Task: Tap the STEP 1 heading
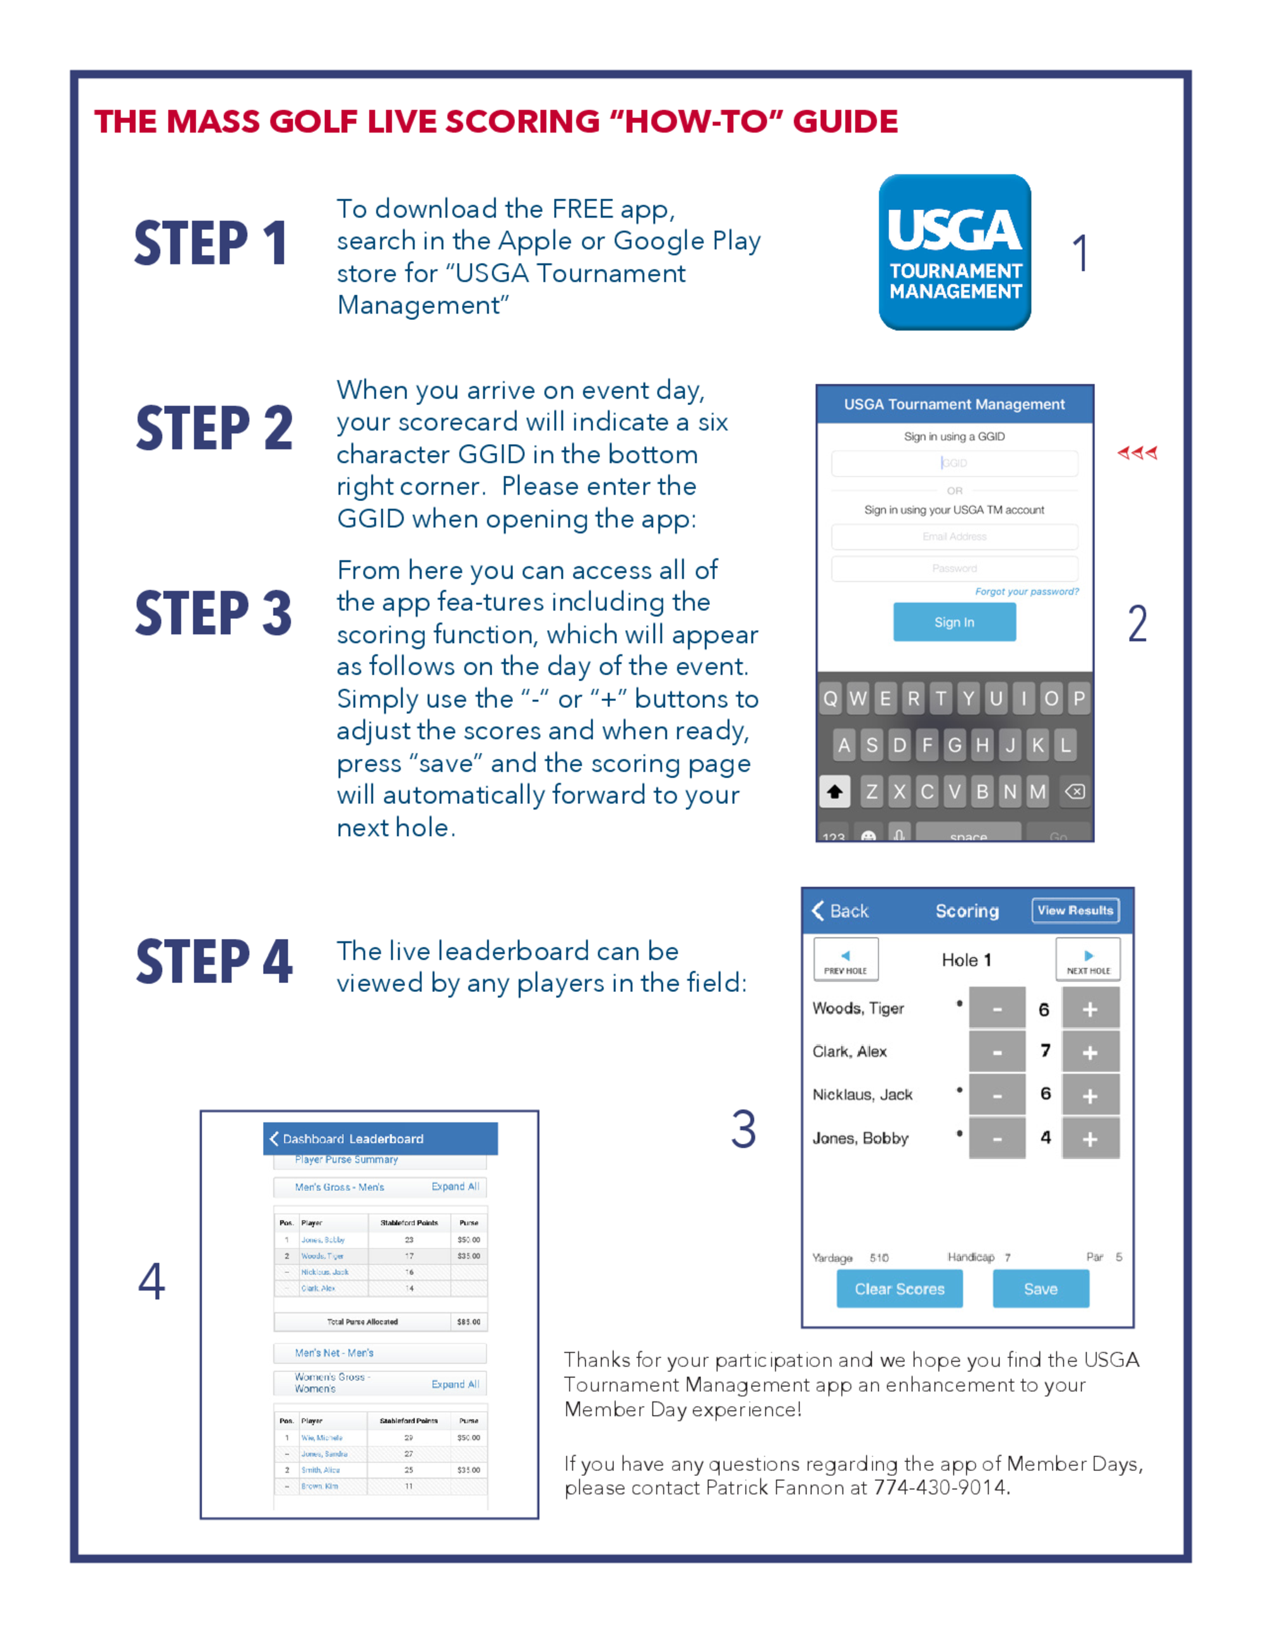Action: [211, 244]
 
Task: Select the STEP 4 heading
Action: [214, 962]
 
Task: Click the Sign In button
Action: [954, 622]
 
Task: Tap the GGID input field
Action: [954, 464]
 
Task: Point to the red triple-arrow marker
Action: [1137, 452]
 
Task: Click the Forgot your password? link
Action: [1027, 591]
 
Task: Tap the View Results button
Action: [1075, 911]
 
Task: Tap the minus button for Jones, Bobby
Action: [996, 1139]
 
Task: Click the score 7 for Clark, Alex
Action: [1045, 1051]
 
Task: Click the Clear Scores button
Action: [899, 1289]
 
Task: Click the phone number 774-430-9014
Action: [941, 1488]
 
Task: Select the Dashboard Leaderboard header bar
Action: [380, 1139]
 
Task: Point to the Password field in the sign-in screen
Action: [954, 569]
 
